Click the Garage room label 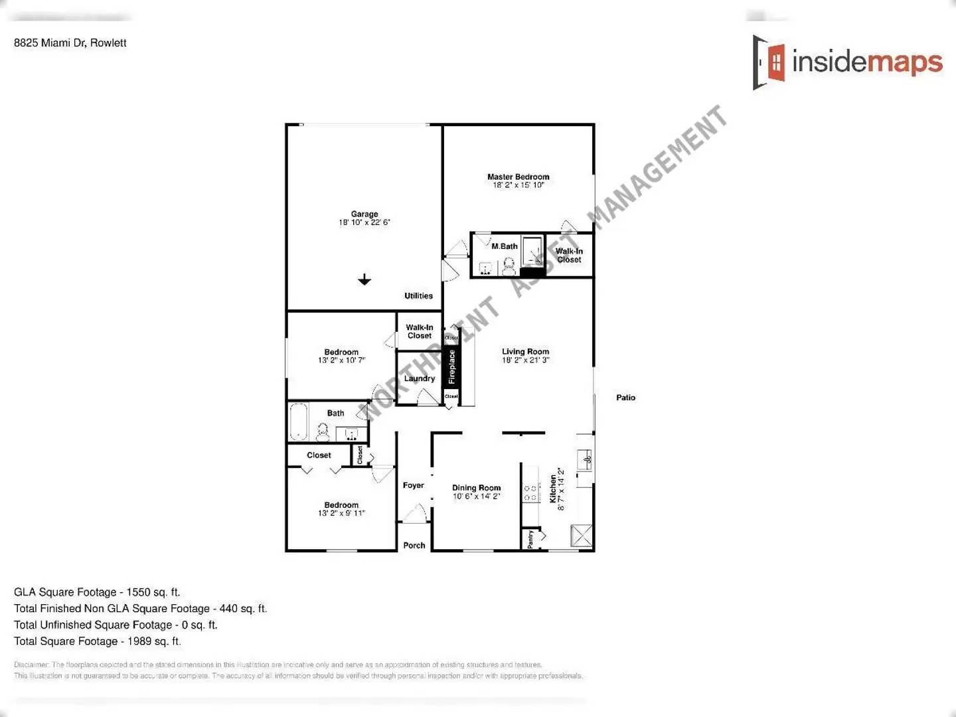click(364, 214)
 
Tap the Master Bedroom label click(518, 177)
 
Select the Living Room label click(525, 352)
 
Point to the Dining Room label click(476, 488)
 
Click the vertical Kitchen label click(554, 489)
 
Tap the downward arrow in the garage click(364, 279)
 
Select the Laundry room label click(420, 378)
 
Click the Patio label click(625, 398)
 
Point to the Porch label click(414, 545)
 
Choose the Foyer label click(413, 485)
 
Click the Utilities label click(418, 296)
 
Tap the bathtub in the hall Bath click(299, 422)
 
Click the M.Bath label click(505, 246)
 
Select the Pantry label click(530, 539)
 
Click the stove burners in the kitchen click(530, 493)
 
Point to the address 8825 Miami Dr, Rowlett click(70, 43)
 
